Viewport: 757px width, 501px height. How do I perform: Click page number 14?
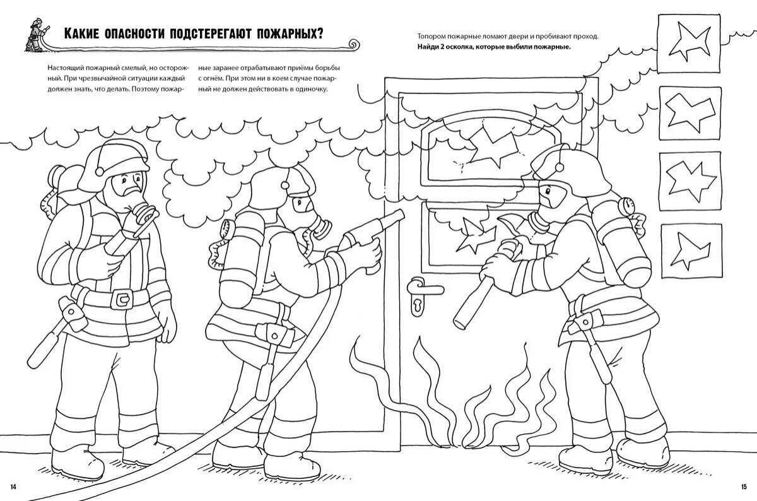click(x=14, y=485)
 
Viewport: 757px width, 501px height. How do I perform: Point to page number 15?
click(x=742, y=485)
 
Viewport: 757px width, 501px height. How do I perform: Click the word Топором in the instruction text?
click(x=431, y=37)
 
